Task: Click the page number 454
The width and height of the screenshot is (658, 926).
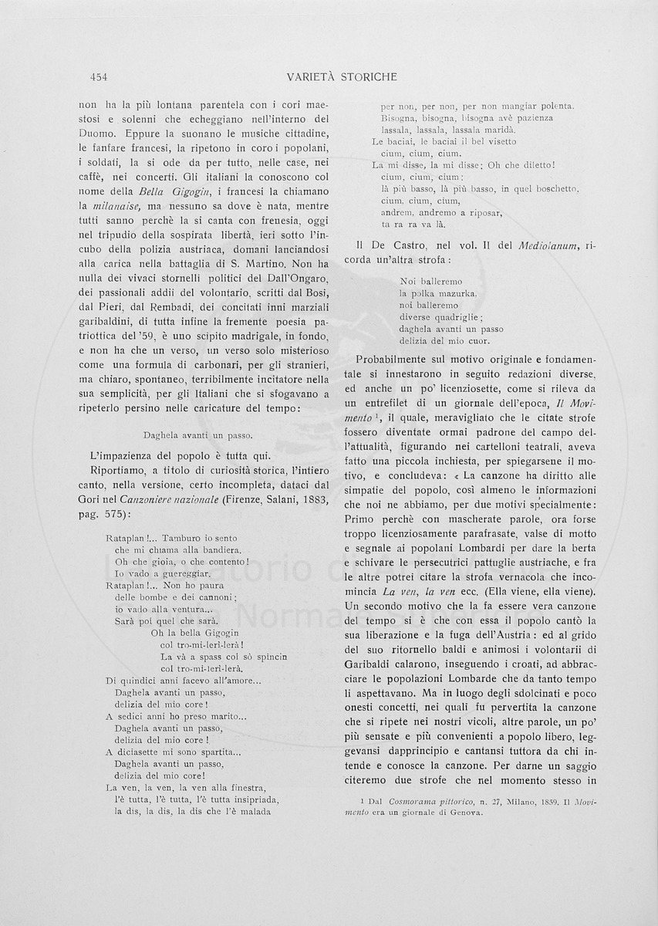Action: click(98, 76)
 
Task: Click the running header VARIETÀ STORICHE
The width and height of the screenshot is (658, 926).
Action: click(341, 76)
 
